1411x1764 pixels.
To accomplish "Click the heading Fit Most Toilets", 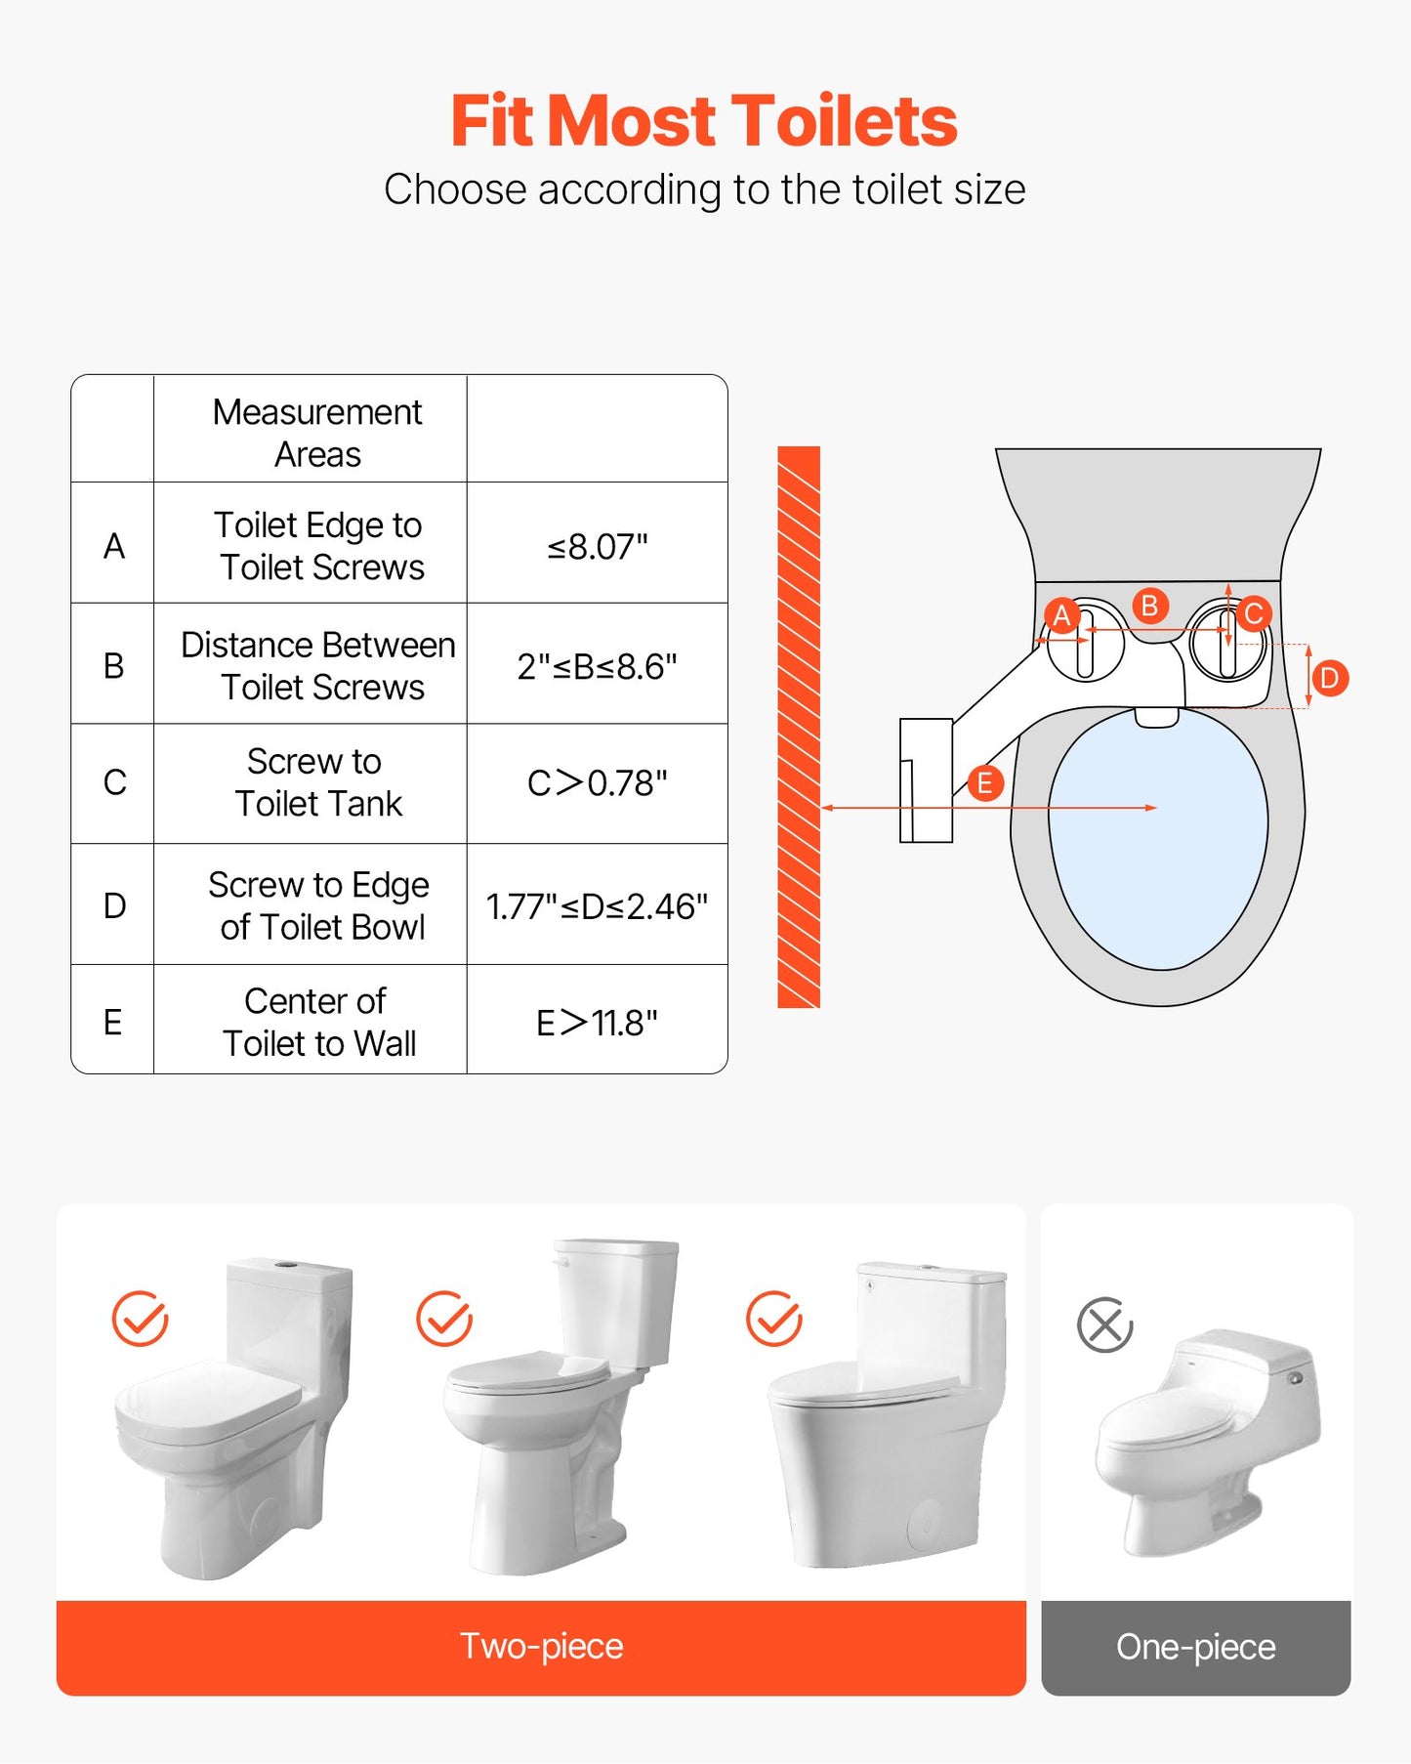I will click(x=704, y=121).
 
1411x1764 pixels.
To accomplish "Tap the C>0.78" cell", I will click(x=597, y=783).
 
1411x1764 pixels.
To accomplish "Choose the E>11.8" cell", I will click(x=597, y=1023).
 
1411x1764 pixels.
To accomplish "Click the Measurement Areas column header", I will click(x=317, y=433).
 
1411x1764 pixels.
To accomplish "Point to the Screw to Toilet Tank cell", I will click(x=317, y=782).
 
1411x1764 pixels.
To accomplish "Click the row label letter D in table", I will click(x=114, y=905).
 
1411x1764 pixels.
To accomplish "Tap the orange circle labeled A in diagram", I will click(x=1061, y=616).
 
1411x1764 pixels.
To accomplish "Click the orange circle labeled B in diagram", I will click(x=1150, y=606).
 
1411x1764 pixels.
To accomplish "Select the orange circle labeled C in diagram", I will click(x=1254, y=613).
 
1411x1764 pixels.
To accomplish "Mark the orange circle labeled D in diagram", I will click(x=1329, y=678).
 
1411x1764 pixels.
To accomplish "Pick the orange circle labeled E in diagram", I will click(x=984, y=782).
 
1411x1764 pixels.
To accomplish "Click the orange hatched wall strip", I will click(x=798, y=727).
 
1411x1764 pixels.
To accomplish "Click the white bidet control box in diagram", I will click(x=926, y=780).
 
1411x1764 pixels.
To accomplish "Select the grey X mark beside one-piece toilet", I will click(x=1104, y=1325).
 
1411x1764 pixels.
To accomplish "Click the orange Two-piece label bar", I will click(x=541, y=1647).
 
